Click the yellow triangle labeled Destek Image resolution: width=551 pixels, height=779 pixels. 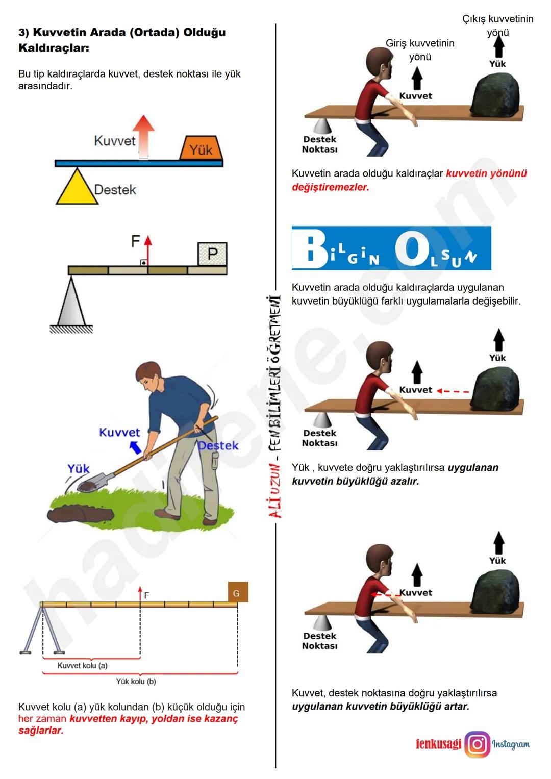point(77,189)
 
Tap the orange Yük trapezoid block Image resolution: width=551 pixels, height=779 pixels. point(201,148)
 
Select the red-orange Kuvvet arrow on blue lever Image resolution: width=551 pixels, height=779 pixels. point(144,136)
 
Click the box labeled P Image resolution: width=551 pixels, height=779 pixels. point(212,254)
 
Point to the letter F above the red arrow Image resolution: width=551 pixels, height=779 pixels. point(135,241)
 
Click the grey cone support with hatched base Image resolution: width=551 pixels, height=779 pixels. point(71,304)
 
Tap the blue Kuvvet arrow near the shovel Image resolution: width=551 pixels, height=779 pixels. point(135,447)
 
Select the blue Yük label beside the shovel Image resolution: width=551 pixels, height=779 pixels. point(79,468)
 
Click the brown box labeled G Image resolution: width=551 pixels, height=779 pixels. point(237,592)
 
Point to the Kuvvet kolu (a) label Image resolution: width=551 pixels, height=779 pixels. point(82,666)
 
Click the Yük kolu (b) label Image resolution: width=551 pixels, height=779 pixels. point(136,681)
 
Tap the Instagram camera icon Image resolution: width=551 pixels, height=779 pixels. point(477,744)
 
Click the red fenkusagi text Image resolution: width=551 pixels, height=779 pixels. point(438,744)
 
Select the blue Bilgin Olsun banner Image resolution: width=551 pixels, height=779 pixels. point(391,248)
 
